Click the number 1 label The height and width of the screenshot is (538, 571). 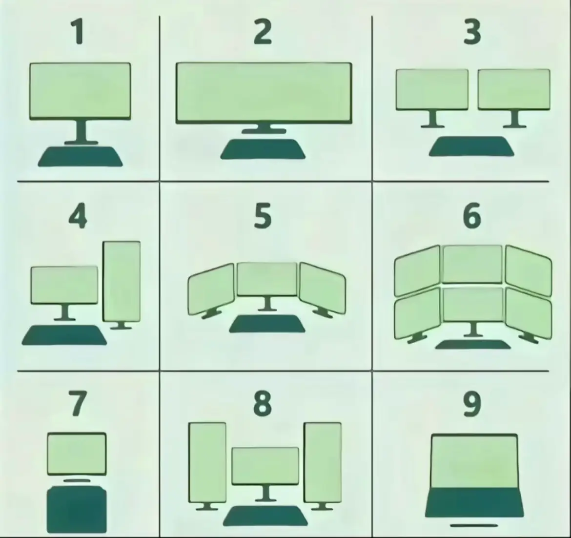pyautogui.click(x=78, y=32)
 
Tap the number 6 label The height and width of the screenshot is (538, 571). pyautogui.click(x=472, y=216)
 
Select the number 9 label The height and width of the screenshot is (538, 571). pyautogui.click(x=472, y=404)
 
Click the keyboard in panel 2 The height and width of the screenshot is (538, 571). pyautogui.click(x=263, y=149)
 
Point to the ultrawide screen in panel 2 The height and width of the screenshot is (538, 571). pyautogui.click(x=264, y=93)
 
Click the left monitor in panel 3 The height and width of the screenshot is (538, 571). pyautogui.click(x=432, y=89)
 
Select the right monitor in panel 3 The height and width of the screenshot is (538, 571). pyautogui.click(x=514, y=89)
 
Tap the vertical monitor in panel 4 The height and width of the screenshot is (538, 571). pyautogui.click(x=122, y=281)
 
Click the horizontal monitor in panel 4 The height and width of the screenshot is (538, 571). pyautogui.click(x=64, y=285)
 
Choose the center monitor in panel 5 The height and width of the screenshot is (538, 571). pyautogui.click(x=267, y=279)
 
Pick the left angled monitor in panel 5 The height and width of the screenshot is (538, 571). pyautogui.click(x=211, y=289)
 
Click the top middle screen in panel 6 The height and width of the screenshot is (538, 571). pyautogui.click(x=472, y=264)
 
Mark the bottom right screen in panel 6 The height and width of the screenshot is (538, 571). pyautogui.click(x=529, y=314)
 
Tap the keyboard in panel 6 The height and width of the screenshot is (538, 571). pyautogui.click(x=473, y=345)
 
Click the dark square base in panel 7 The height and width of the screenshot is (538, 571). pyautogui.click(x=77, y=510)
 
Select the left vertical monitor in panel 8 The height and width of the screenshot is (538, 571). pyautogui.click(x=207, y=462)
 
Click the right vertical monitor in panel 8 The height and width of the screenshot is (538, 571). pyautogui.click(x=323, y=462)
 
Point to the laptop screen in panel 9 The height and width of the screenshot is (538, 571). pyautogui.click(x=474, y=461)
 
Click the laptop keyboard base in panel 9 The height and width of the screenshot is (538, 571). pyautogui.click(x=474, y=503)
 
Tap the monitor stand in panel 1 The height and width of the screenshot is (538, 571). pyautogui.click(x=81, y=132)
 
